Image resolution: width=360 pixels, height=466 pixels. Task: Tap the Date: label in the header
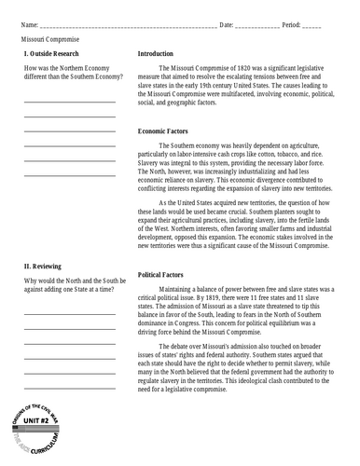coord(227,22)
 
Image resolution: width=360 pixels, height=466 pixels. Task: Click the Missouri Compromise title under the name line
coord(49,42)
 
